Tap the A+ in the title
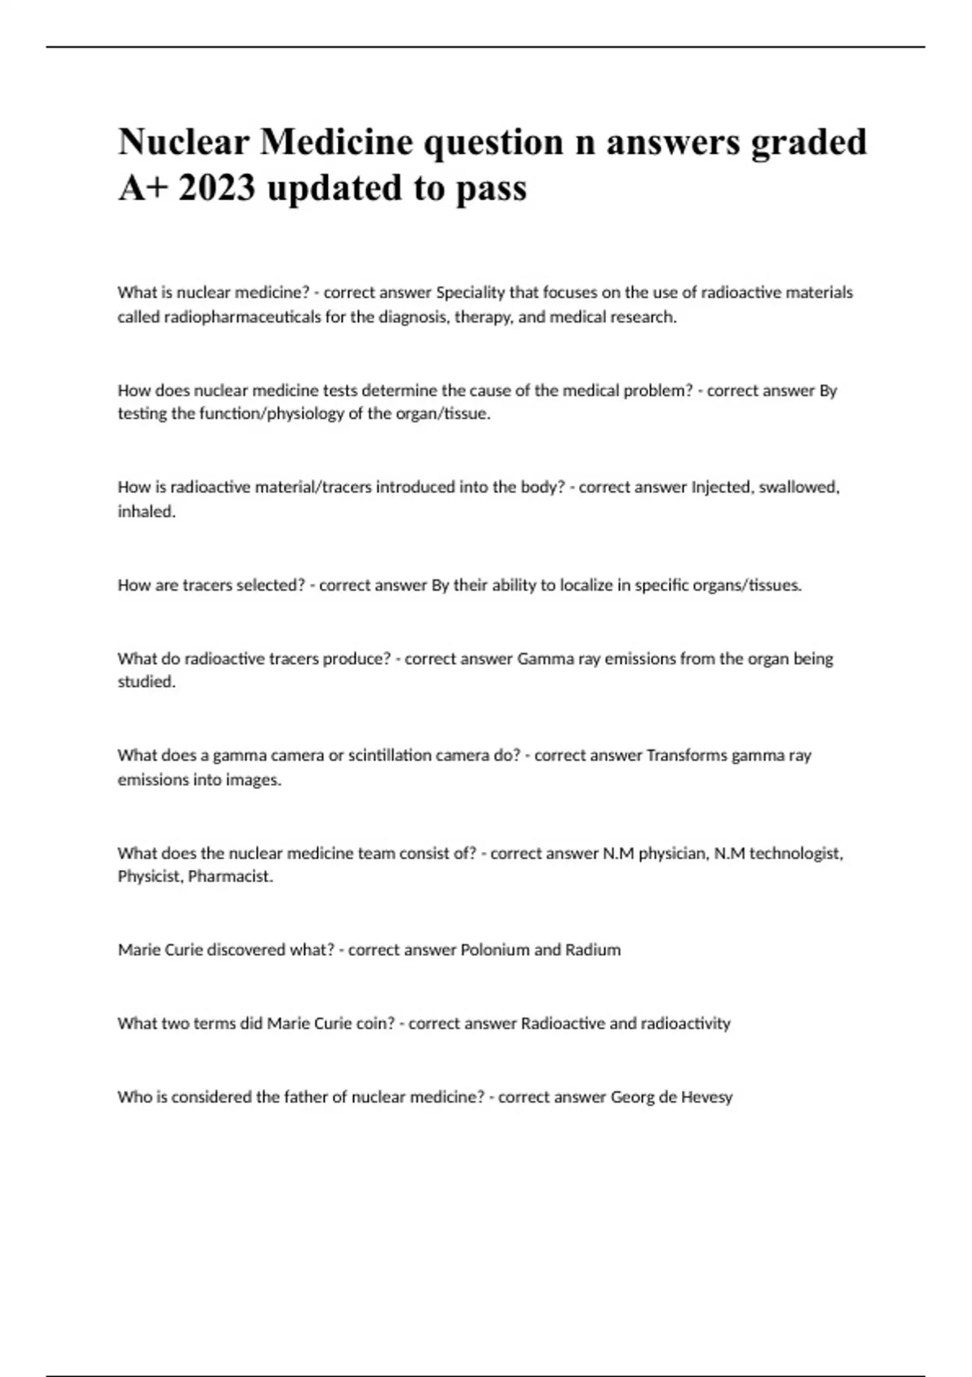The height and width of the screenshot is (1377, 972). pyautogui.click(x=142, y=188)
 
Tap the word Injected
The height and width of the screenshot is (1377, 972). pyautogui.click(x=720, y=488)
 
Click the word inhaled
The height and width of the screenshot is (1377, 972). pyautogui.click(x=146, y=512)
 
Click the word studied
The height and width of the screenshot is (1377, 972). pyautogui.click(x=146, y=682)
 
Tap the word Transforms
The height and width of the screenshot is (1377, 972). pyautogui.click(x=687, y=755)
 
